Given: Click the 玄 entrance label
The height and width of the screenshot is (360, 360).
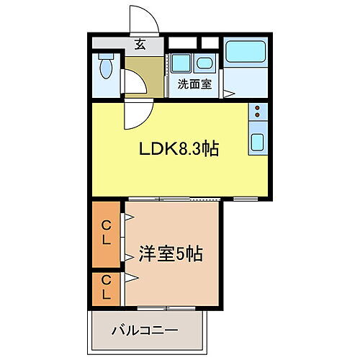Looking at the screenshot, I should (x=140, y=44).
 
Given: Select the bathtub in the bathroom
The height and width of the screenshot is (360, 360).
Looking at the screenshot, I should (x=246, y=53).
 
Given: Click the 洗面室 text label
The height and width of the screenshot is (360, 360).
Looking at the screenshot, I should (x=194, y=84).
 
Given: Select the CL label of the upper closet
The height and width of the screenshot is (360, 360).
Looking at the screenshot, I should (x=106, y=234).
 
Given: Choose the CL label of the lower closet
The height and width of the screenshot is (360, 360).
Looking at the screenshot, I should (x=106, y=287).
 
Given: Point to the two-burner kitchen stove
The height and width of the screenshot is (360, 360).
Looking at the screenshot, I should (x=258, y=111).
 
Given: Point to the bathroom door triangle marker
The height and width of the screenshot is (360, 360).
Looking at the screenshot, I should (x=228, y=93).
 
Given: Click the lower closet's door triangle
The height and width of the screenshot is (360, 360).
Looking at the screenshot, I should (x=131, y=277).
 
